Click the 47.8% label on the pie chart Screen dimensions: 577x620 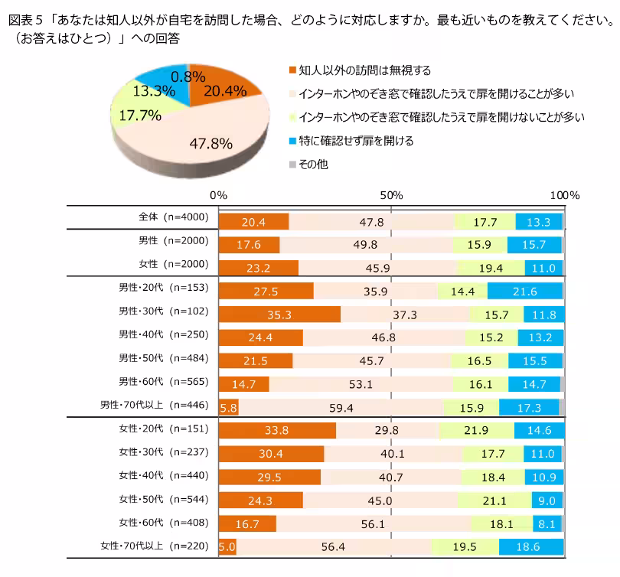click(x=211, y=142)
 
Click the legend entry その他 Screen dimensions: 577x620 click(x=313, y=164)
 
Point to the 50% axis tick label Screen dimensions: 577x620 click(x=392, y=195)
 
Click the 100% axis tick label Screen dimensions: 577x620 click(x=566, y=195)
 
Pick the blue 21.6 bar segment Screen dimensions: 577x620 click(x=524, y=292)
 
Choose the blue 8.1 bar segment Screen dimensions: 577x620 click(x=547, y=525)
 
